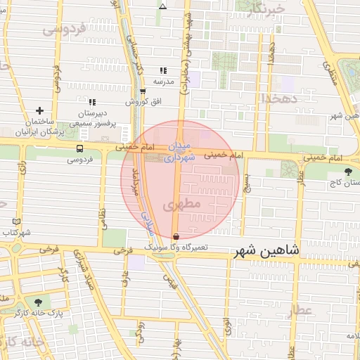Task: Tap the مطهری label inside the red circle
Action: (172, 205)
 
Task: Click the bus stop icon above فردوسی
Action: (79, 148)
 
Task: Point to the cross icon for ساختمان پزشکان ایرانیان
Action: (39, 110)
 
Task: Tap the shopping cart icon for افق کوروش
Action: (143, 91)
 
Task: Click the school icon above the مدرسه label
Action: (163, 70)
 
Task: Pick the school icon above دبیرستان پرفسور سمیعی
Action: (91, 102)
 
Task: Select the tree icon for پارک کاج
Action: (347, 171)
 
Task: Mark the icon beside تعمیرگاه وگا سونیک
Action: (175, 236)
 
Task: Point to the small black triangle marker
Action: (163, 6)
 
